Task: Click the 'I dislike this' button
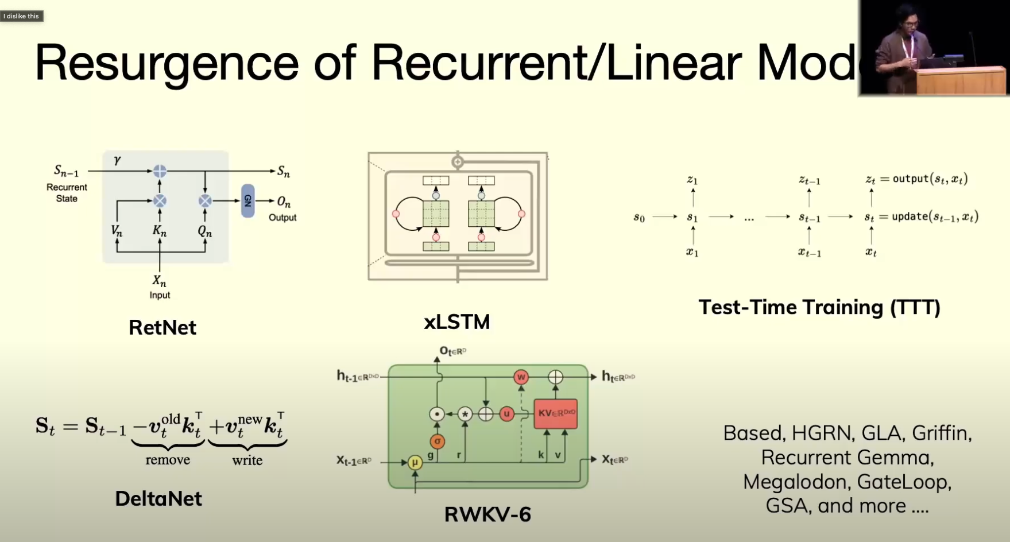21,16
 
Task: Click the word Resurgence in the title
167,63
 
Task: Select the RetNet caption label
162,327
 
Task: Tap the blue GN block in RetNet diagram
247,200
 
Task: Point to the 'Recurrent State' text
67,193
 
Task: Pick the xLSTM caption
456,322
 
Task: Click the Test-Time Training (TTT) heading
819,307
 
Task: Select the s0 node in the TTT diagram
639,217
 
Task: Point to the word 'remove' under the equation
168,460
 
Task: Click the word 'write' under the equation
247,460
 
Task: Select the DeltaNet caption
158,498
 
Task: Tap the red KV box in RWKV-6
555,413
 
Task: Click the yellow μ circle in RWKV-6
415,462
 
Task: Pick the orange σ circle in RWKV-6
438,442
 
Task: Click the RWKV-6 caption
487,514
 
